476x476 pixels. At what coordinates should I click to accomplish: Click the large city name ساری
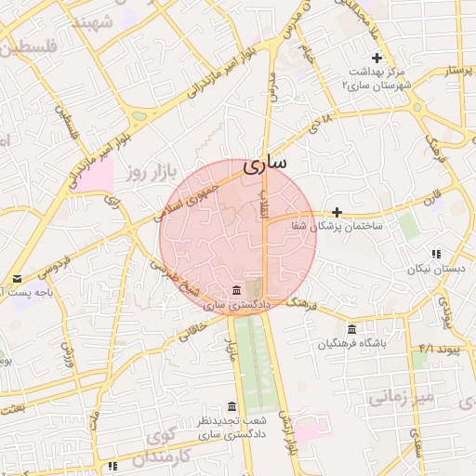[265, 164]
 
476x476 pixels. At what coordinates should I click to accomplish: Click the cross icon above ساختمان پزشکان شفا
[337, 212]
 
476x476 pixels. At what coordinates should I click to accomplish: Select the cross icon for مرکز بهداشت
[377, 59]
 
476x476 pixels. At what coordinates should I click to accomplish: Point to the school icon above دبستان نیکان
[435, 254]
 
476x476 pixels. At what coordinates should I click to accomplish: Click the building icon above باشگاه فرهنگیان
[350, 329]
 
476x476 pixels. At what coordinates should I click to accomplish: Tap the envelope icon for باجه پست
[17, 279]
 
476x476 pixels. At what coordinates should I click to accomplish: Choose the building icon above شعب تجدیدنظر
[232, 406]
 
